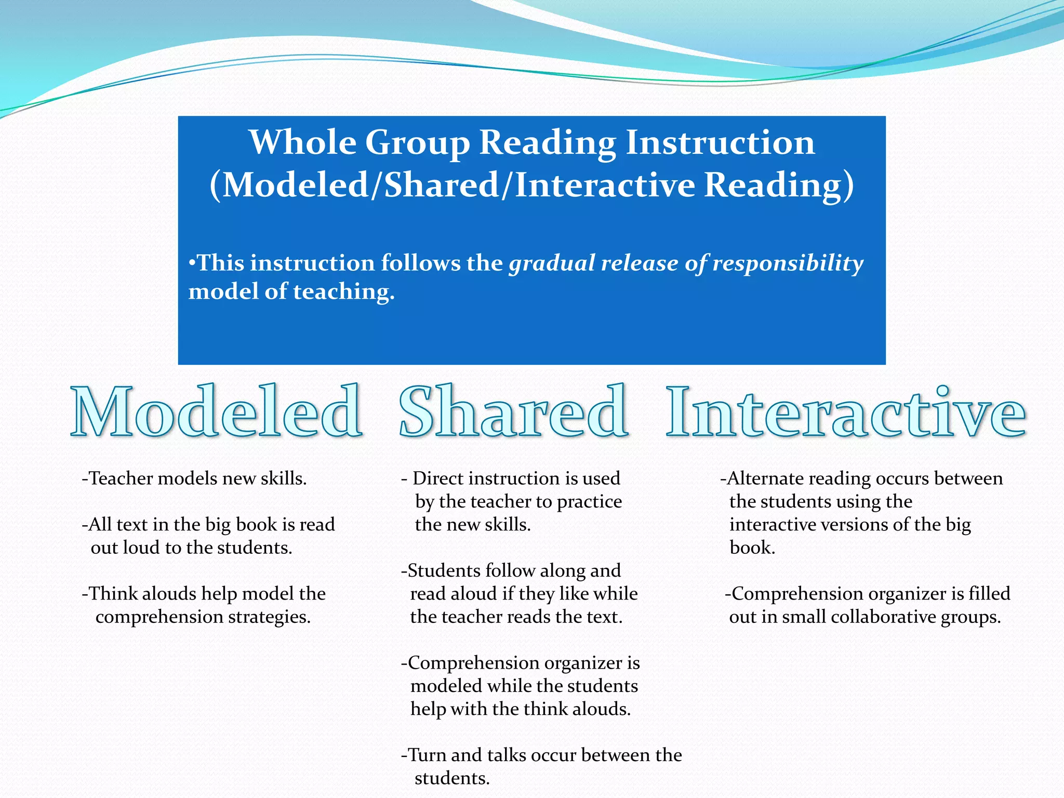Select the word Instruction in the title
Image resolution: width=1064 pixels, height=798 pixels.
coord(720,142)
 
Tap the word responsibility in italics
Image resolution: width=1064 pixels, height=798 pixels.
coord(788,263)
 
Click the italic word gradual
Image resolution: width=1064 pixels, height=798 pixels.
coord(551,263)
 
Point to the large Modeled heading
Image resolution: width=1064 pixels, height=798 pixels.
coord(216,411)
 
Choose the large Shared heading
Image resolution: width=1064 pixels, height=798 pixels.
coord(513,411)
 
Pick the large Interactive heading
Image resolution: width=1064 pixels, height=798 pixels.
coord(846,411)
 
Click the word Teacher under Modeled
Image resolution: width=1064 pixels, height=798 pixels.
coord(121,478)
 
